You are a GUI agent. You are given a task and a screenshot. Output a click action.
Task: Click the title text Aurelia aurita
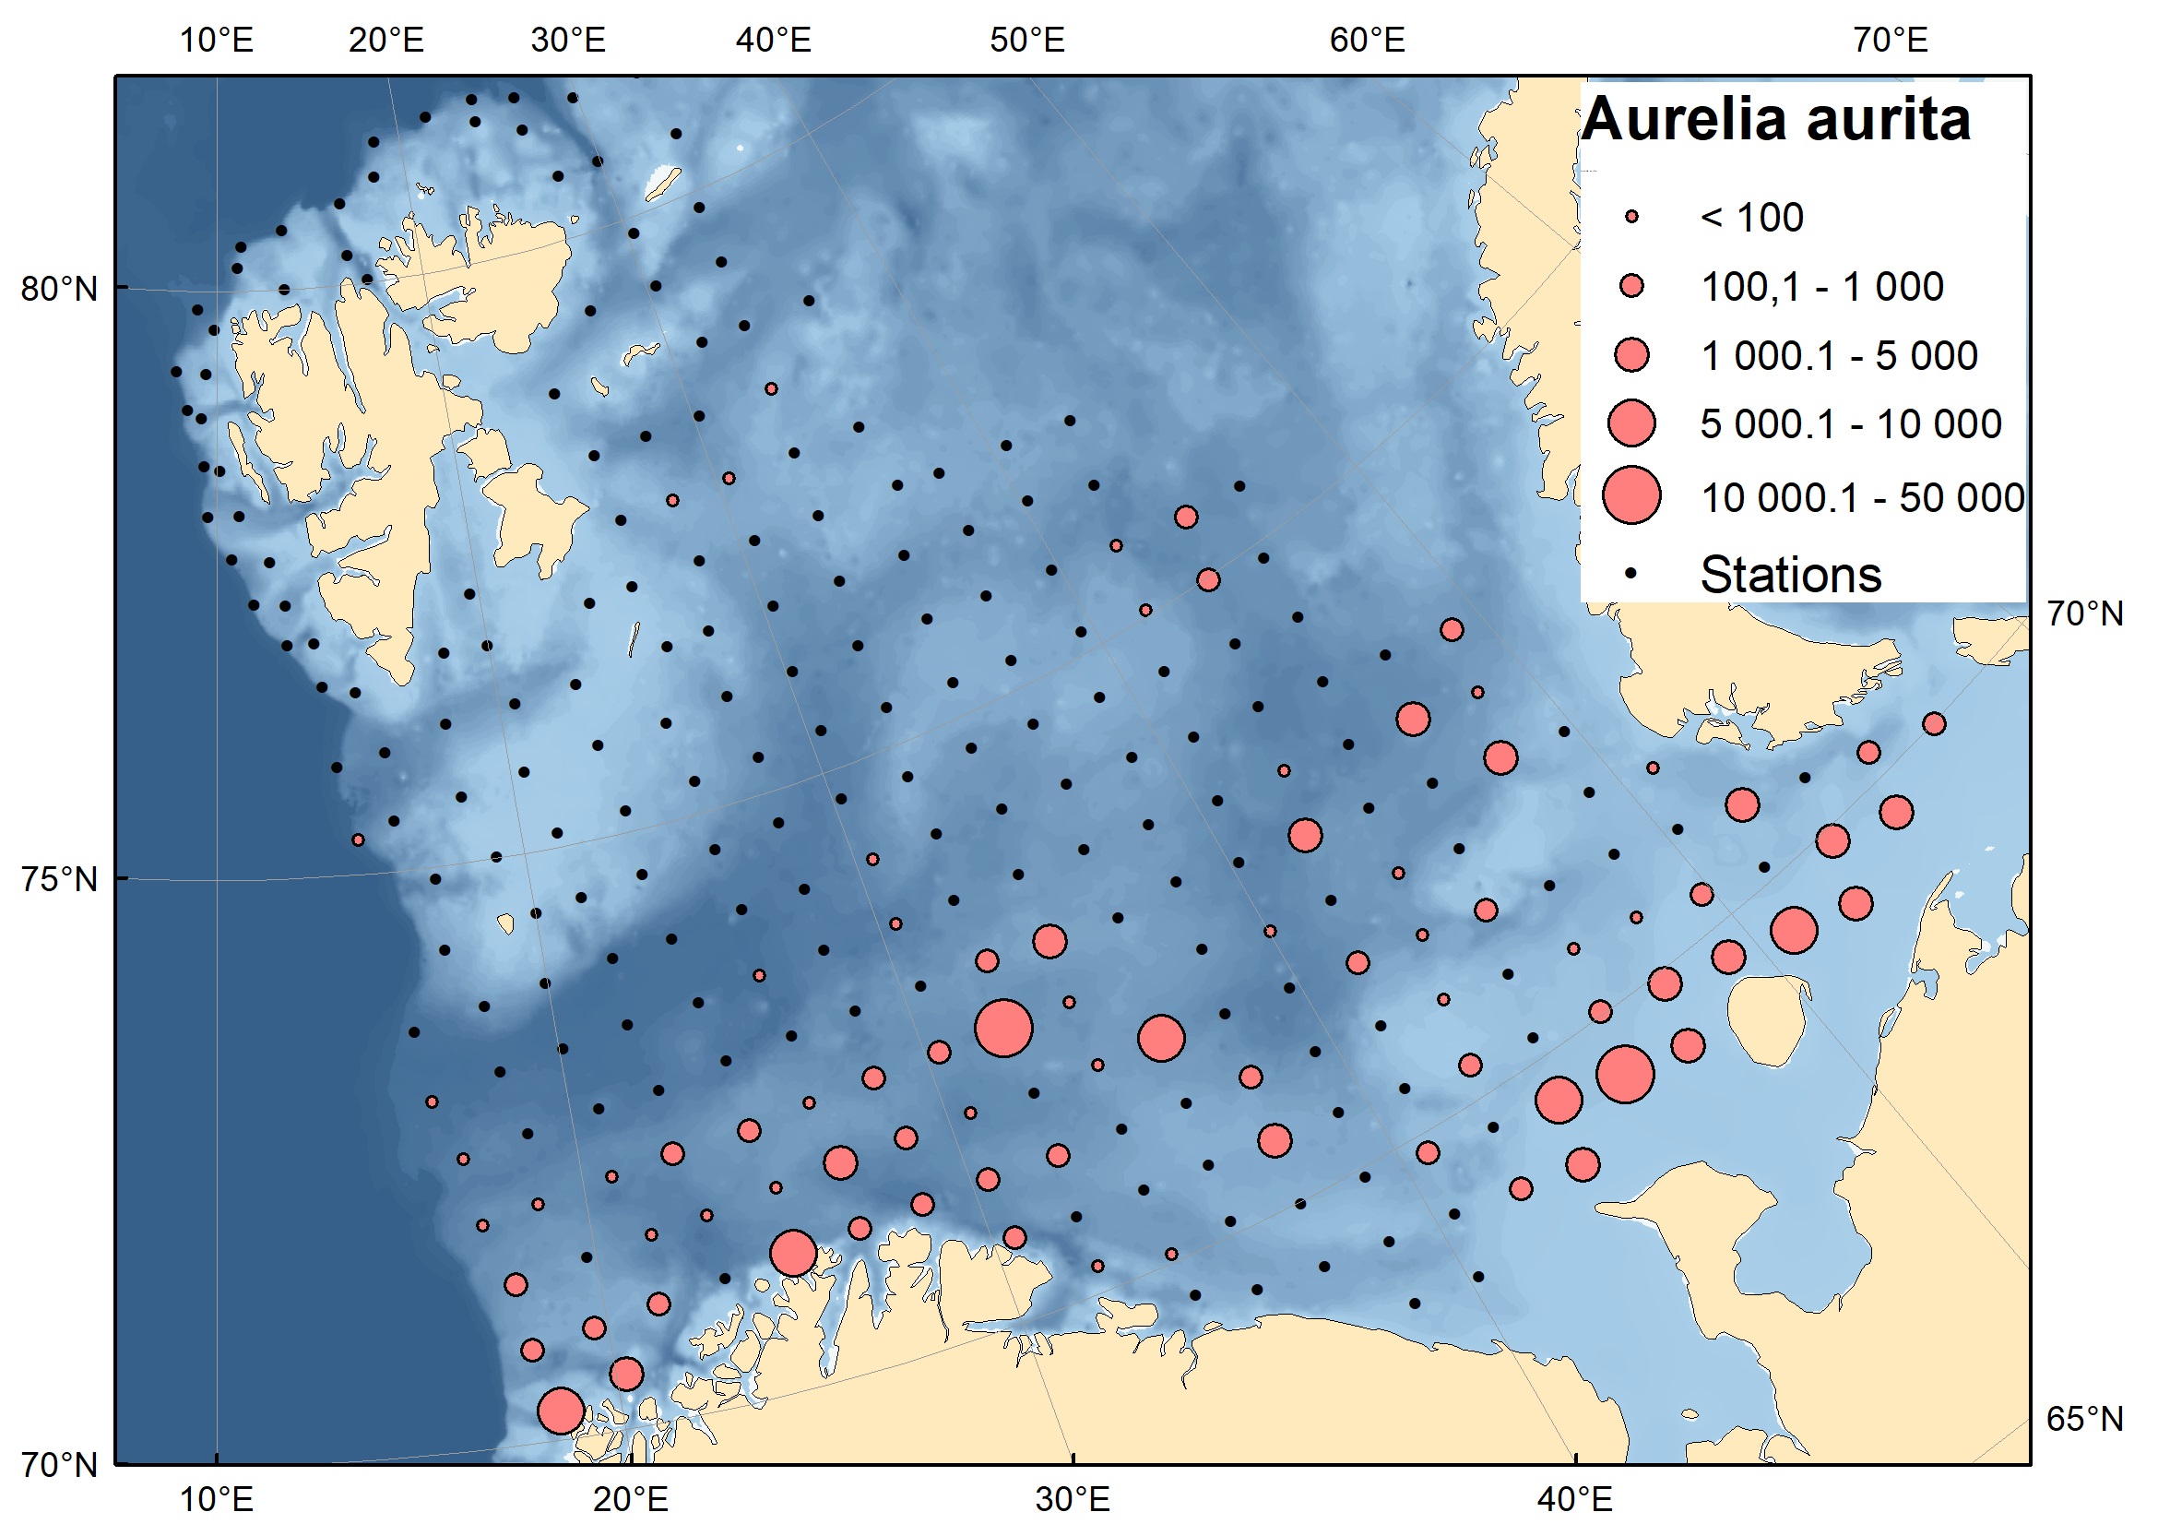1775,120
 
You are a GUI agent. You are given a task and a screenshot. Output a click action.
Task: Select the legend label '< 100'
1752,218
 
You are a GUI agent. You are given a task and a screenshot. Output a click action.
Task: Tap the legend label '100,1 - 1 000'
1821,287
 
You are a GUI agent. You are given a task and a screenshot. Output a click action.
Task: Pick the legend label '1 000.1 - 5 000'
1838,356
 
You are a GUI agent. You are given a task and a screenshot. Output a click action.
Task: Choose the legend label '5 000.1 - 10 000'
1851,425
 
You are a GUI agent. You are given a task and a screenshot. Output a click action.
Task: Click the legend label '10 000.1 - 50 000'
1862,498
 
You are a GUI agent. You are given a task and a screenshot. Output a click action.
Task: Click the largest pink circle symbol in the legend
1631,495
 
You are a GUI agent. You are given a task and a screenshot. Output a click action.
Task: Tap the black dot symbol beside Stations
1631,573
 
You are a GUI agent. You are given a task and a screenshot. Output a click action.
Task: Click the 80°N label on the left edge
59,289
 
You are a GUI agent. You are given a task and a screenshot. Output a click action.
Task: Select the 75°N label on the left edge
59,879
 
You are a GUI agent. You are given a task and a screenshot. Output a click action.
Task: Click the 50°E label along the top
1027,41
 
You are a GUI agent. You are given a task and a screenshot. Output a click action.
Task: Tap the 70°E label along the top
1891,41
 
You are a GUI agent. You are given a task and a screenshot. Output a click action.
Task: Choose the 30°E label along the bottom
1073,1498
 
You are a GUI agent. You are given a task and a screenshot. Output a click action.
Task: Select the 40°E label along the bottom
1575,1498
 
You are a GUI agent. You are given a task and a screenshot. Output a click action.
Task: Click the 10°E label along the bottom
216,1498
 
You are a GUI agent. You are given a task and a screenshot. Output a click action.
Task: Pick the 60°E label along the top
1368,41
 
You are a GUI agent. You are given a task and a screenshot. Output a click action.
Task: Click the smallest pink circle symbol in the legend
1631,217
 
